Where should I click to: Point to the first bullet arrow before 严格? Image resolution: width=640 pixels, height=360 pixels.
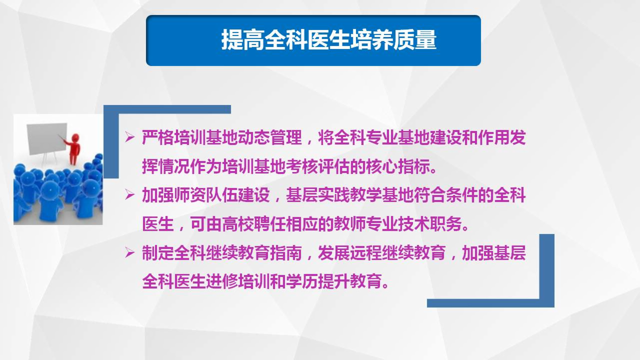coord(130,137)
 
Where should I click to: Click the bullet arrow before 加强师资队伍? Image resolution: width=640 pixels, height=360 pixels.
coord(130,195)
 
